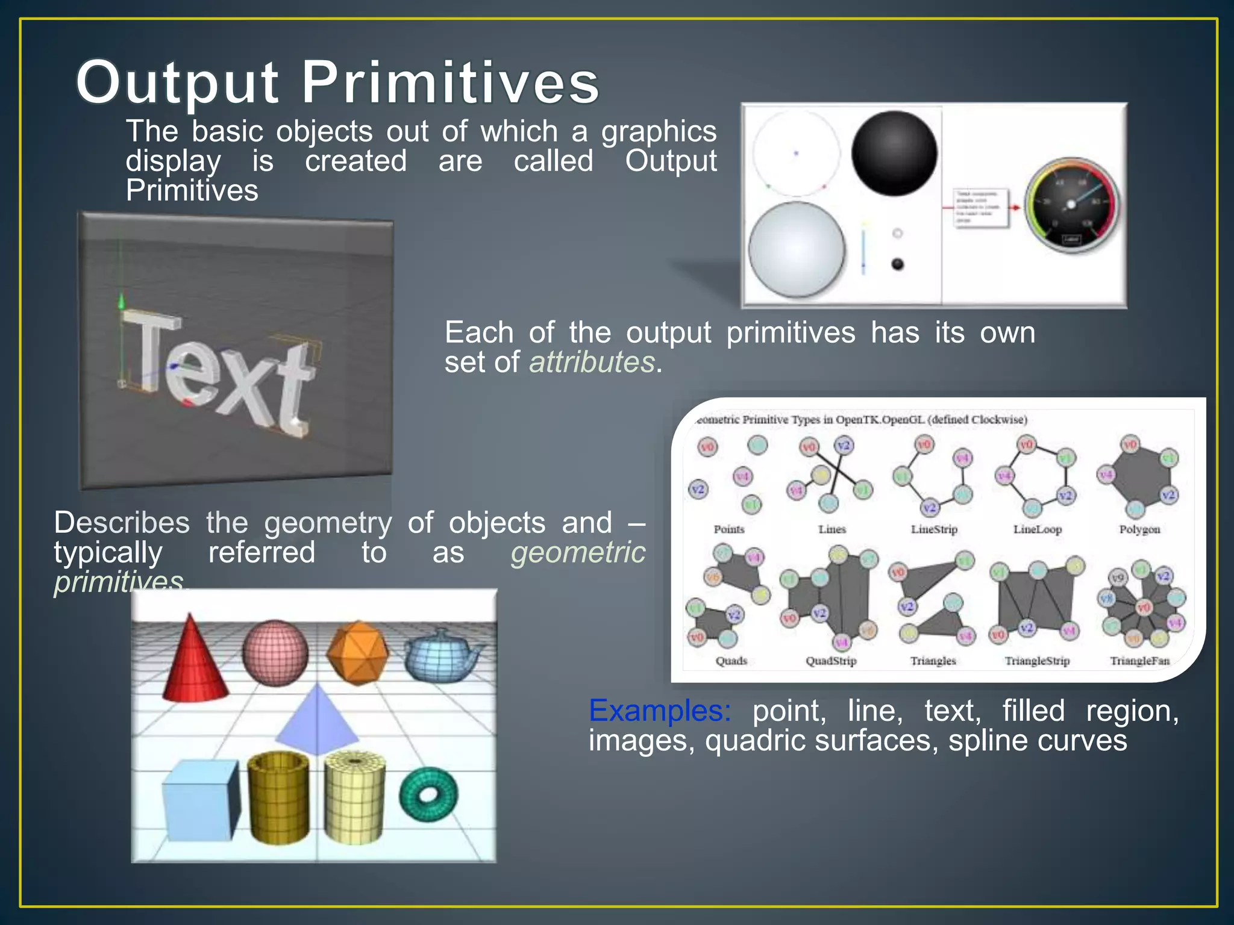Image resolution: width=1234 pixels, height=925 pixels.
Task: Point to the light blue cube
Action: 199,801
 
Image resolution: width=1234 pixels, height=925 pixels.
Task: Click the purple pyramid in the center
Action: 316,723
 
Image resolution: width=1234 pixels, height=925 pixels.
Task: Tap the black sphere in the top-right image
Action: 894,153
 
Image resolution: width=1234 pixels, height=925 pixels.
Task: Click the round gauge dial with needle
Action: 1071,205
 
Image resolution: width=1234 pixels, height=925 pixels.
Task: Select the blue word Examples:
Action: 659,711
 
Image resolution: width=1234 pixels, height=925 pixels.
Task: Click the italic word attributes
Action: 592,363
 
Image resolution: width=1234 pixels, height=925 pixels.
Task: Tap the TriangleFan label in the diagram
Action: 1139,661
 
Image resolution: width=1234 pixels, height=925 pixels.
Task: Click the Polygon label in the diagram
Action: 1139,529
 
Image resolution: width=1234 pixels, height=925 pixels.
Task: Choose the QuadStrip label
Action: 831,661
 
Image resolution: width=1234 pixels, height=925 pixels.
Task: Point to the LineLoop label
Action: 1037,529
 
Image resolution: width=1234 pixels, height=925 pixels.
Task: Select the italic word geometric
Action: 577,552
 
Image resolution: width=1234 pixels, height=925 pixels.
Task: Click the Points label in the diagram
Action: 728,529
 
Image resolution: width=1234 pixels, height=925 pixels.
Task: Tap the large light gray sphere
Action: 797,249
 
